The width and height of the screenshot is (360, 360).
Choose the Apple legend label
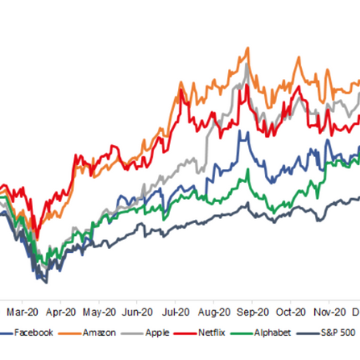(158, 333)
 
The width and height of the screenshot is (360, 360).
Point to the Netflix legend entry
(210, 333)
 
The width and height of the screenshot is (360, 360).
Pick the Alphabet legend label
(270, 333)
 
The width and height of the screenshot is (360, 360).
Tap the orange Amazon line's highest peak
(243, 49)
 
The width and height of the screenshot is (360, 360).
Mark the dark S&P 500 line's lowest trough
(45, 282)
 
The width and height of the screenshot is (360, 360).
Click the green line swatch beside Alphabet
(242, 333)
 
